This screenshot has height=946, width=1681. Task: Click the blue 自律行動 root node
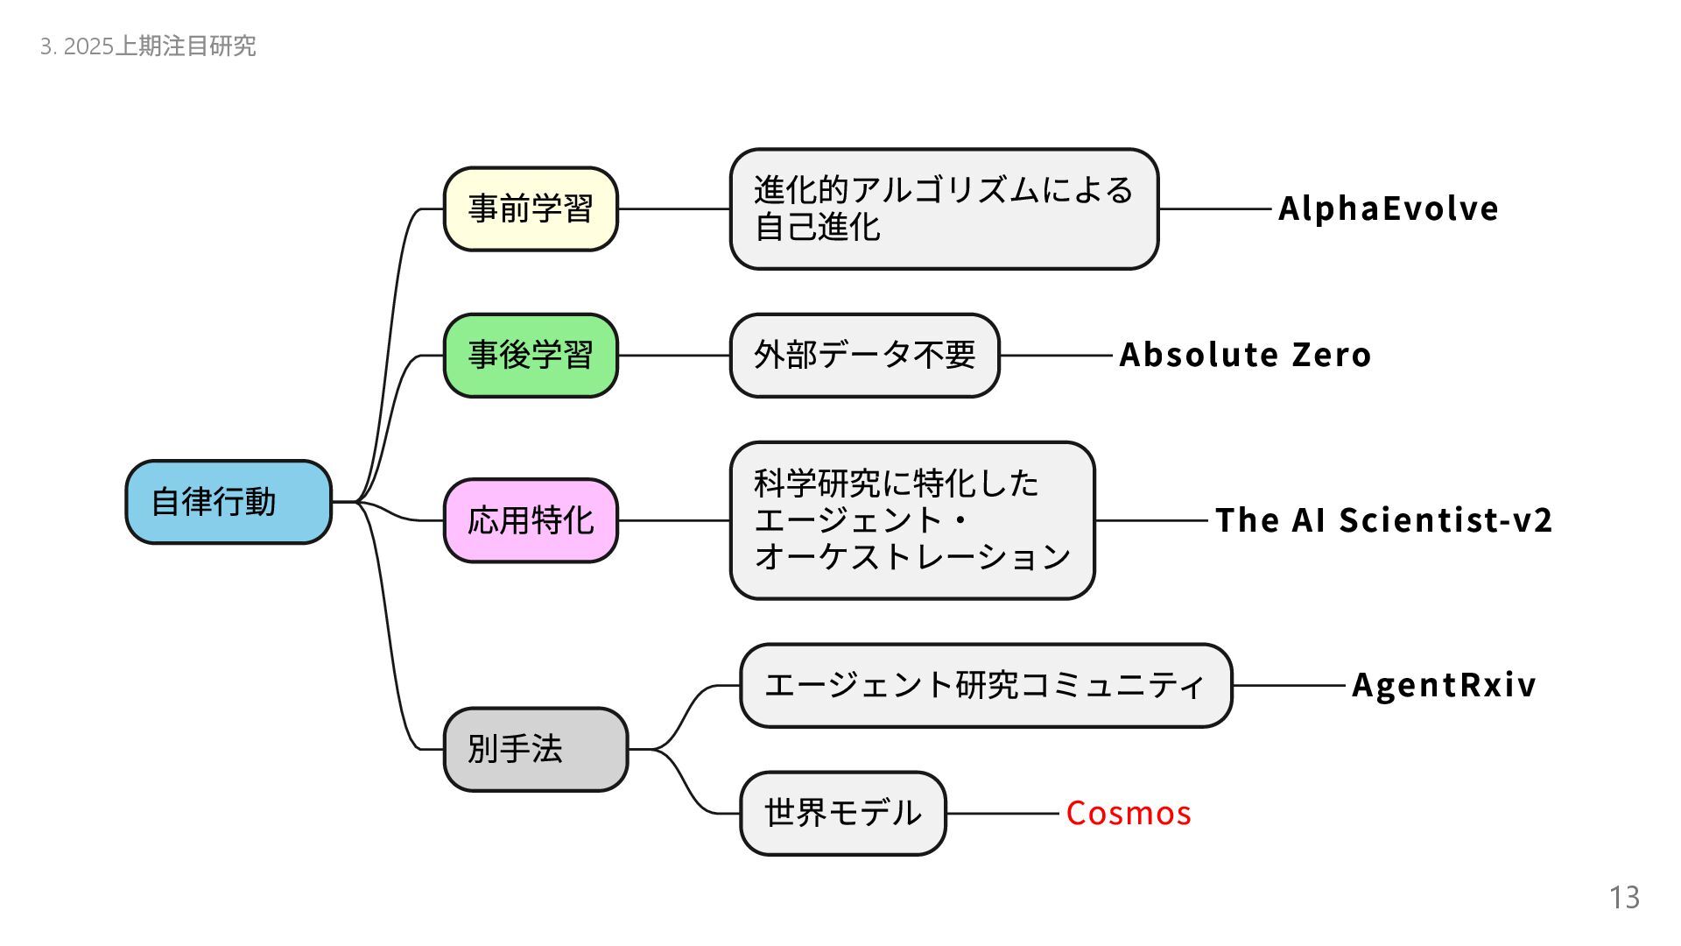pos(229,502)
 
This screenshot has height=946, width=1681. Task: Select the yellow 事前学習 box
pos(531,208)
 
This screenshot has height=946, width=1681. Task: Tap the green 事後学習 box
pos(531,356)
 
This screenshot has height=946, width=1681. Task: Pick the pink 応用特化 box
pos(531,520)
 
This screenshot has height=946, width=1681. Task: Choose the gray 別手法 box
pos(535,750)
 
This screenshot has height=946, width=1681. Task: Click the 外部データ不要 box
pos(864,356)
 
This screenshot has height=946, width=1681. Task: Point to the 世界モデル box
pos(842,814)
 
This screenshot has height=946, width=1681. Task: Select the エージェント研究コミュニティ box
pos(985,685)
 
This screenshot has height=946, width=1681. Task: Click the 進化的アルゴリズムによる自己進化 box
pos(944,208)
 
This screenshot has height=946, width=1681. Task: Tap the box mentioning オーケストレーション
pos(912,520)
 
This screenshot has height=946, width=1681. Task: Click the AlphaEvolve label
pos(1388,208)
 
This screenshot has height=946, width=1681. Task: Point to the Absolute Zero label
pos(1245,355)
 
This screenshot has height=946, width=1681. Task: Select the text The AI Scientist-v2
pos(1383,520)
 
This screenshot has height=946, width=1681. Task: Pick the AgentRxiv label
pos(1444,685)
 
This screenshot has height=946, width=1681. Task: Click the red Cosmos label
pos(1129,814)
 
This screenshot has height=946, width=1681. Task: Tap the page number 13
pos(1624,898)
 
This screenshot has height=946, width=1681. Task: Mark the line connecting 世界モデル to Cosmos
pos(1002,814)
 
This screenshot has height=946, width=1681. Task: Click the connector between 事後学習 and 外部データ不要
pos(674,356)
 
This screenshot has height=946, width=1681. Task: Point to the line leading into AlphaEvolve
pos(1214,209)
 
